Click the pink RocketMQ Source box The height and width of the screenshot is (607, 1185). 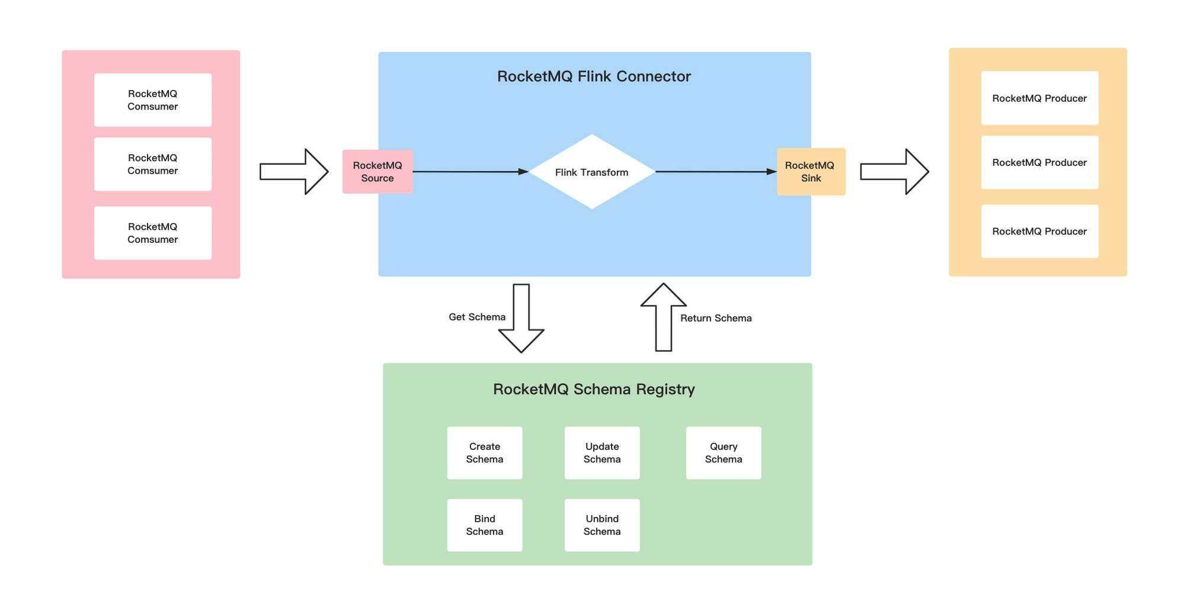[x=377, y=172]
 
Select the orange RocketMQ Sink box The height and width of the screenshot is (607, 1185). [x=811, y=172]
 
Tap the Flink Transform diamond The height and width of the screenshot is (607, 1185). [x=591, y=172]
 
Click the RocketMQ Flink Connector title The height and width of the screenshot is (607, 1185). [x=594, y=76]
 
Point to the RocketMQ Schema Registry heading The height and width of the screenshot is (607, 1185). [x=594, y=389]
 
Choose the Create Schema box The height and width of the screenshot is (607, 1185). [x=485, y=453]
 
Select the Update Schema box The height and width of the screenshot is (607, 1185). [x=602, y=453]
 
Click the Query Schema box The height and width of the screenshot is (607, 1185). [x=723, y=453]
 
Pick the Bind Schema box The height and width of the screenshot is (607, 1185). [x=485, y=525]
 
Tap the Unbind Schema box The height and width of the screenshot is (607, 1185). [x=602, y=525]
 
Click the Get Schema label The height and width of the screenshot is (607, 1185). [x=477, y=317]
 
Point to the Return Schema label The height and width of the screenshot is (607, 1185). [x=716, y=318]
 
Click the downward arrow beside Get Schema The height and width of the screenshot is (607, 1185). [x=521, y=320]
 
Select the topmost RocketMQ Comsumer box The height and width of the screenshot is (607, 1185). [x=153, y=100]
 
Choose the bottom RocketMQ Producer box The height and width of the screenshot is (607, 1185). [x=1039, y=232]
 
